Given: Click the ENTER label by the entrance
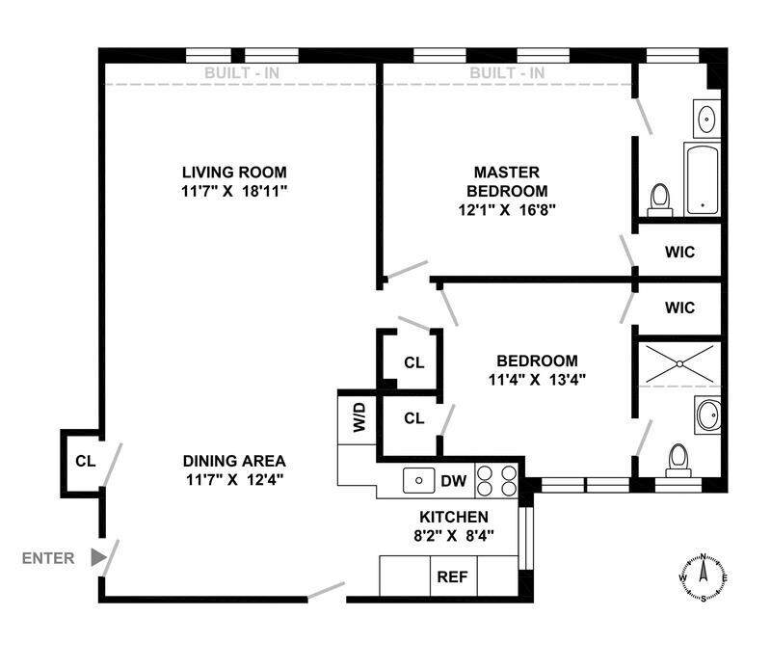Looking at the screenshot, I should click(48, 557).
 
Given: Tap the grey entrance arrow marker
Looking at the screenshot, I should click(97, 557).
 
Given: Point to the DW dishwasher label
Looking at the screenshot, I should click(453, 479).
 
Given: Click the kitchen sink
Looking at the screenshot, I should click(418, 478).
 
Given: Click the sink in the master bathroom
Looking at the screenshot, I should click(706, 120).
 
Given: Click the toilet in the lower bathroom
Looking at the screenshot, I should click(678, 460).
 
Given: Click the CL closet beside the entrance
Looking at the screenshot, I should click(84, 461).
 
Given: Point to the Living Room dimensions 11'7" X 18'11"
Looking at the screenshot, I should click(236, 190).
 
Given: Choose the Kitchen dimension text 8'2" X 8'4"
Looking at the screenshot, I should click(453, 535).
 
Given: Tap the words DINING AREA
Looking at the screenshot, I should click(236, 461).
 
